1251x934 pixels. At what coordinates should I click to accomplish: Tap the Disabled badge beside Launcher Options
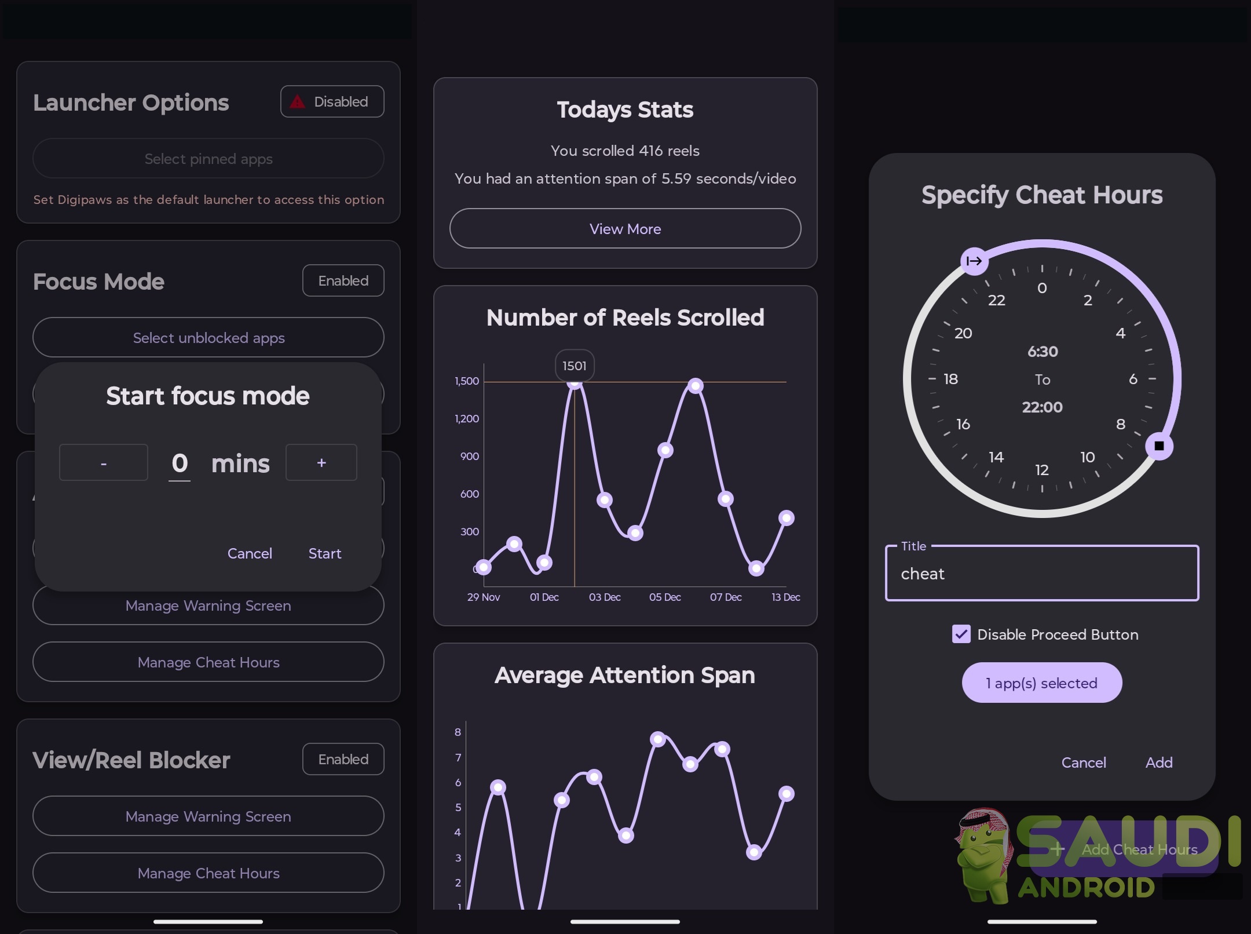(332, 102)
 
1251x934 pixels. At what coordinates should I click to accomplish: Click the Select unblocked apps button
(209, 338)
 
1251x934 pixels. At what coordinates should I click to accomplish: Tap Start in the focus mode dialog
(325, 553)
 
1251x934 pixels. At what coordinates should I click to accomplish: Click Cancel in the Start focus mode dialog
(250, 553)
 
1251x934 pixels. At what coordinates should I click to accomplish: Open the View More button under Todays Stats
(625, 229)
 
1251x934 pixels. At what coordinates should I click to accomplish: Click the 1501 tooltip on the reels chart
(575, 366)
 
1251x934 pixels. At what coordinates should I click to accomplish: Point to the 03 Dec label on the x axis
(605, 597)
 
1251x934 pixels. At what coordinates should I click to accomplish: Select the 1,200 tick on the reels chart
(467, 419)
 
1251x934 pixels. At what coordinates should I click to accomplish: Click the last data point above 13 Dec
(786, 518)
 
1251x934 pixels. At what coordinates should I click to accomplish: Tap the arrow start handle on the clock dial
(975, 261)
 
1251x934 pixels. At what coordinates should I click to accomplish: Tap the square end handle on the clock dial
(1159, 446)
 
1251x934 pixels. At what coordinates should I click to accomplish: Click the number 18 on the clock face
(950, 379)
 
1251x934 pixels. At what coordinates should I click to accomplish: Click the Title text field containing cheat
(1042, 573)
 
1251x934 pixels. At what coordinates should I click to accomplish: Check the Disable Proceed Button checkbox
(961, 634)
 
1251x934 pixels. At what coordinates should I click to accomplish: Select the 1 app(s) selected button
(1042, 683)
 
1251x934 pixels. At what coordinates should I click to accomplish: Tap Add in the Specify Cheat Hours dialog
(1159, 762)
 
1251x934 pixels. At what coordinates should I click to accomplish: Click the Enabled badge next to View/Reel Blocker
(343, 759)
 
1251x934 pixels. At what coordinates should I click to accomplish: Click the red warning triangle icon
(298, 102)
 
